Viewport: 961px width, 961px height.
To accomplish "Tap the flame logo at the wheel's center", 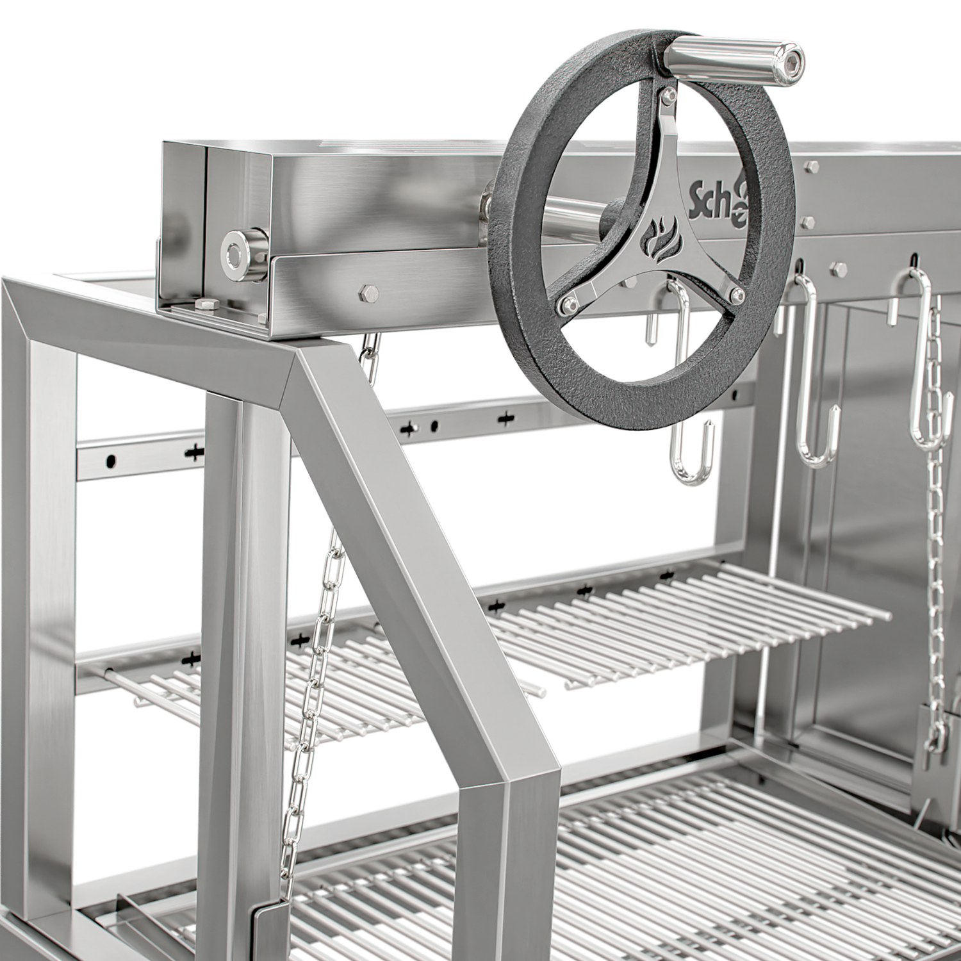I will (654, 237).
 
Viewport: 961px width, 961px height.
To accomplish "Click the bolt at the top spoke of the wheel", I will (668, 95).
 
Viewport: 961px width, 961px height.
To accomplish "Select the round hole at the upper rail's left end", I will (111, 459).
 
